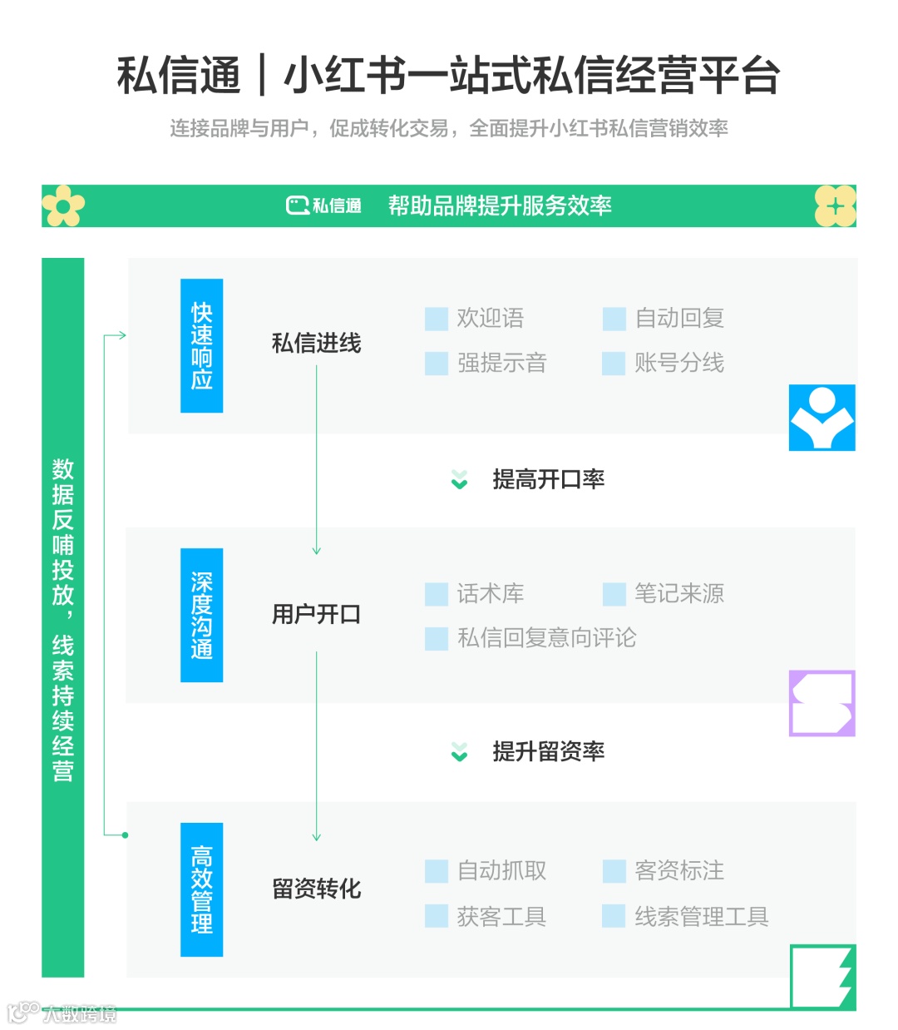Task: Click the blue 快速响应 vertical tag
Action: click(201, 345)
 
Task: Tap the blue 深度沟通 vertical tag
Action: click(201, 615)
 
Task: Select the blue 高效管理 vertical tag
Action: click(201, 889)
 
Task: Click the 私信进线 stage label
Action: click(316, 343)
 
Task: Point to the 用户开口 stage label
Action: click(316, 614)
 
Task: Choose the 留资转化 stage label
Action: click(316, 889)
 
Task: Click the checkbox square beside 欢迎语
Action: click(437, 319)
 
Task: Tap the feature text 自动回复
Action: click(678, 318)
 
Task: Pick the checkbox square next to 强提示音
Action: click(437, 364)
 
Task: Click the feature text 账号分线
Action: click(678, 363)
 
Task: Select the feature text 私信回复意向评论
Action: click(546, 638)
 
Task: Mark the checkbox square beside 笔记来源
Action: click(614, 594)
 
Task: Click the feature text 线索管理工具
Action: click(701, 916)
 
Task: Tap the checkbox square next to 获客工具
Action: click(437, 916)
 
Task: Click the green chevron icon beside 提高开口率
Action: click(459, 480)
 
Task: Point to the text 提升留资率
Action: click(548, 751)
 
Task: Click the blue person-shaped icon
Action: click(822, 418)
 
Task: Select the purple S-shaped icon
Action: click(822, 703)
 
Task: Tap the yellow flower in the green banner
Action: click(63, 206)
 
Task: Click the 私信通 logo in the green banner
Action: click(323, 206)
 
